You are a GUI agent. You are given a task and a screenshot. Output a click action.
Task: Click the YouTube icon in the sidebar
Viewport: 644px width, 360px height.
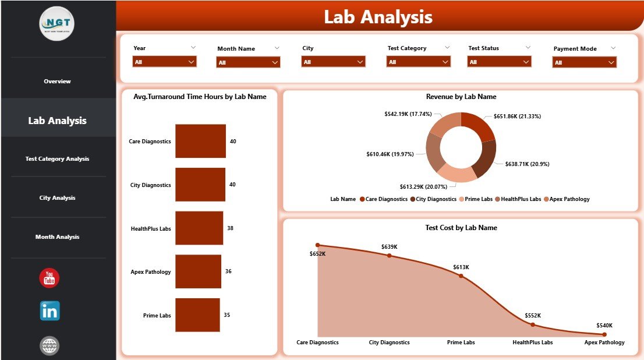point(49,278)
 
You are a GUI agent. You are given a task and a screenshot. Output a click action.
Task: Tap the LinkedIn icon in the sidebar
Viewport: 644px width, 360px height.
point(49,311)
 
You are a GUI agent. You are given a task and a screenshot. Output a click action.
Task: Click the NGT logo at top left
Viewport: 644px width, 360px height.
point(57,23)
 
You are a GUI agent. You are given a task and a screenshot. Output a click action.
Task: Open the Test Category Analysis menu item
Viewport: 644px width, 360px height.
point(58,159)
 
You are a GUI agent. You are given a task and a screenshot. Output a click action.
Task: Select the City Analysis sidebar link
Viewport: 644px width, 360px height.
point(58,198)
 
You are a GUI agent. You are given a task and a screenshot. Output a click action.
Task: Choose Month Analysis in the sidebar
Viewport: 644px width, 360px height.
point(58,237)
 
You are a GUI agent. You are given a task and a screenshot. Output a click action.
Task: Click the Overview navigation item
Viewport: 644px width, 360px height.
point(58,82)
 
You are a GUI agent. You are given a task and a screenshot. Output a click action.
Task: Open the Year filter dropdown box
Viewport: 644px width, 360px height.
point(164,62)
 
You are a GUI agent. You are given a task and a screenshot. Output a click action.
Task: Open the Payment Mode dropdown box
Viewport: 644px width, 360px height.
point(584,62)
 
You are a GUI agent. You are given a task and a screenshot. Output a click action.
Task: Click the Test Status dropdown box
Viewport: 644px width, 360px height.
point(499,62)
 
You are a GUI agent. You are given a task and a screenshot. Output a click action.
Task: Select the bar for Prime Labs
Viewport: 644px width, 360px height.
point(197,315)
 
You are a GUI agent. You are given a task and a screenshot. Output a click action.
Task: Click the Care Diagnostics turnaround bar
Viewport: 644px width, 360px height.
point(200,141)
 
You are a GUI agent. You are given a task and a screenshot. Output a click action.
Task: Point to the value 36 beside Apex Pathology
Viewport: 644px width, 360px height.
point(228,271)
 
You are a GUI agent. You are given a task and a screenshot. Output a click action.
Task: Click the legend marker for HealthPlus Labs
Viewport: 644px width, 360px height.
point(498,199)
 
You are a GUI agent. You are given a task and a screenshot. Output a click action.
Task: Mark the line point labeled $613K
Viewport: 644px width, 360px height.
point(461,276)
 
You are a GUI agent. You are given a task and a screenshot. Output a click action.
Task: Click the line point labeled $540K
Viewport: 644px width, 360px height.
point(604,334)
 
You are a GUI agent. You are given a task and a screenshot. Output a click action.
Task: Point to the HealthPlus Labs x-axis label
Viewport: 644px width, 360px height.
point(532,343)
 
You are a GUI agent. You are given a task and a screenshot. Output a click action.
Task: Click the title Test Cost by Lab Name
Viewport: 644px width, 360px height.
point(461,228)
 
